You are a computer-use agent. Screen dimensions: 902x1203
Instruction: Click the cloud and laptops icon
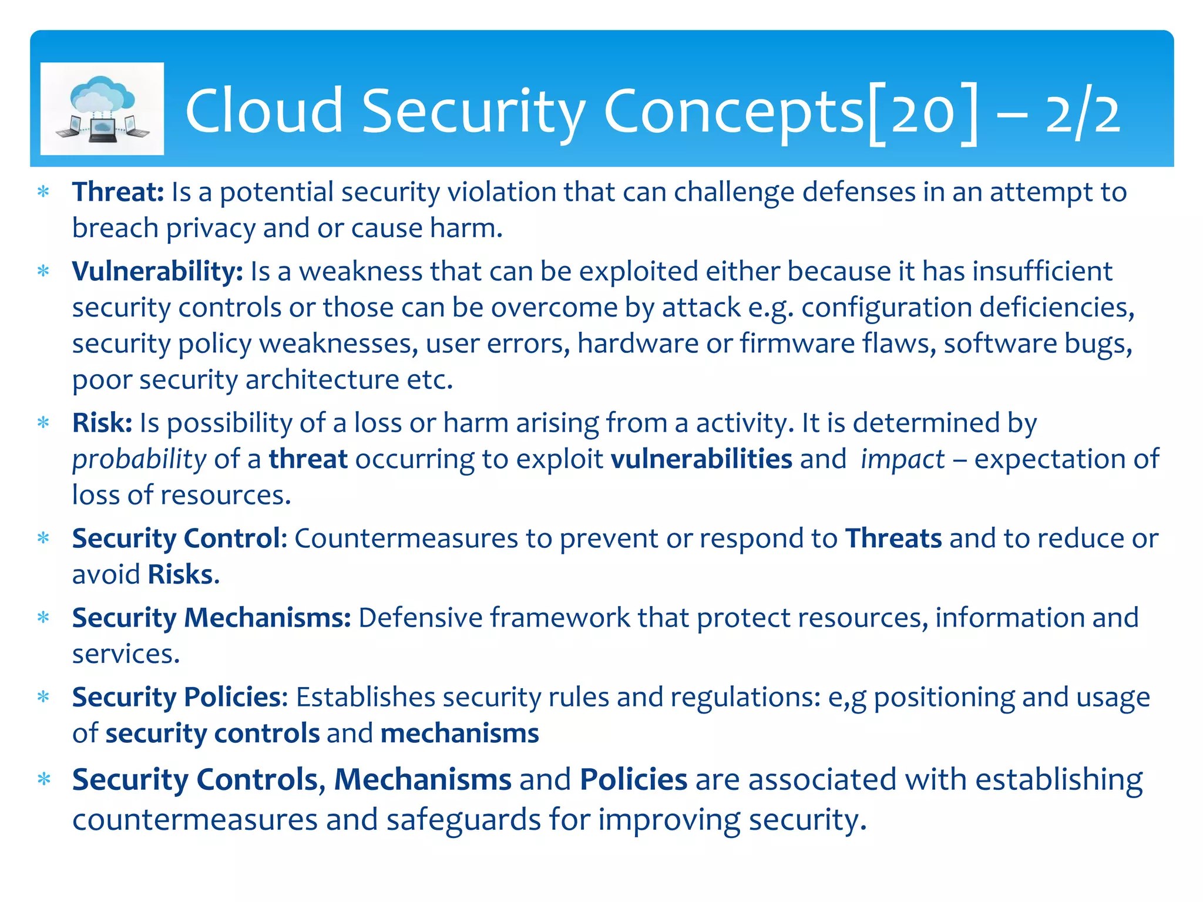point(102,109)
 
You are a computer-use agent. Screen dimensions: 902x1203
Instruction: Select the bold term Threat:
point(117,192)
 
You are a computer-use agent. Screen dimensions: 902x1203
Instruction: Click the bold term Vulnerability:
point(157,272)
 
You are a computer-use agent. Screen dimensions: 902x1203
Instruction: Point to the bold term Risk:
point(102,423)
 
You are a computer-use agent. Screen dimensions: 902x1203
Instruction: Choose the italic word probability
point(139,460)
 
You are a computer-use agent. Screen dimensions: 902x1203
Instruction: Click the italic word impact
point(902,459)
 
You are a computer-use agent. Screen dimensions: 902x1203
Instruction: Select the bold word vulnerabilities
point(701,459)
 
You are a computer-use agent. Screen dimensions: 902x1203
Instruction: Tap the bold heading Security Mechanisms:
point(211,618)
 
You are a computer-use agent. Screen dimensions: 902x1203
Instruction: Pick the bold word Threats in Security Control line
point(893,538)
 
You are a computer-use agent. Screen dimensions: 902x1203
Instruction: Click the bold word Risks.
point(180,574)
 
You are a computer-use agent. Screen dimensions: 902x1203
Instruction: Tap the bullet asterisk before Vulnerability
point(43,272)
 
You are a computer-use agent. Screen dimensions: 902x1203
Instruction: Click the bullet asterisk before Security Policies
point(43,698)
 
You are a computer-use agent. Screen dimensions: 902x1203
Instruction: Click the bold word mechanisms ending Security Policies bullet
point(459,733)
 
